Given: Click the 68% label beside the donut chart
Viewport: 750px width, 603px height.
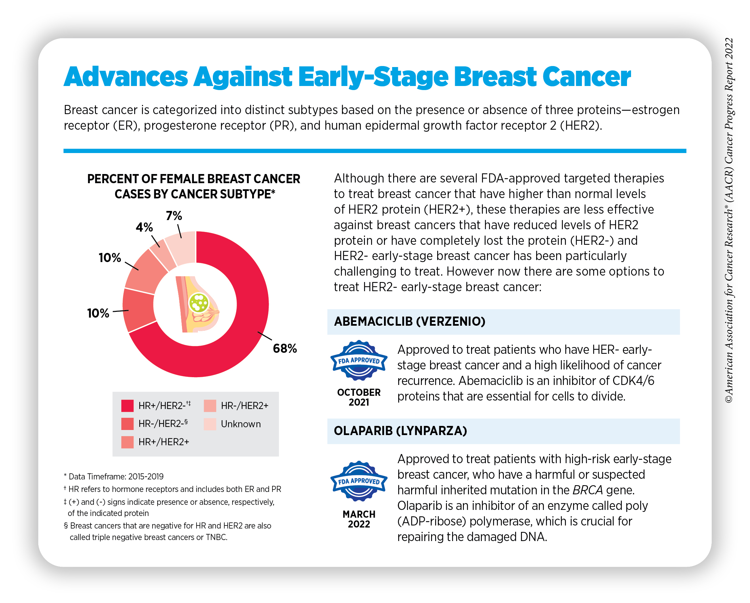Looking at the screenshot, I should pyautogui.click(x=285, y=348).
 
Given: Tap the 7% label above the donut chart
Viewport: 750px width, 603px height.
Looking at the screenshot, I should pyautogui.click(x=174, y=216).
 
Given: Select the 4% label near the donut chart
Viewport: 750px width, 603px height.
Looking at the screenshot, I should pyautogui.click(x=144, y=227).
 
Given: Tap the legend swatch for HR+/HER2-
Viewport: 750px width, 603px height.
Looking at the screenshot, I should pyautogui.click(x=127, y=406).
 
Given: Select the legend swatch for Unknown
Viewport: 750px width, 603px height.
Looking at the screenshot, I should pyautogui.click(x=210, y=424).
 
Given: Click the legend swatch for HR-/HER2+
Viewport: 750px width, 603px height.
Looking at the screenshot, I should pyautogui.click(x=210, y=406).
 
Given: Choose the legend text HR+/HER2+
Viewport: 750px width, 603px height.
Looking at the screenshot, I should pyautogui.click(x=163, y=442).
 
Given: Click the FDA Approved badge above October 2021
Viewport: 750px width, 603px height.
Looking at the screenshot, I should pyautogui.click(x=359, y=360).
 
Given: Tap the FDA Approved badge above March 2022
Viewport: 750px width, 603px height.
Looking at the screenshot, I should pyautogui.click(x=359, y=481).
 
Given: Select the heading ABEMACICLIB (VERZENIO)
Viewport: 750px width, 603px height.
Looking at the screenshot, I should pyautogui.click(x=409, y=322).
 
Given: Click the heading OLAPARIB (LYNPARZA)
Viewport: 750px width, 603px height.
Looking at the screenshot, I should pyautogui.click(x=400, y=431).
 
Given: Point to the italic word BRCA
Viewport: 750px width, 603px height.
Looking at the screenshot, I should pyautogui.click(x=587, y=490).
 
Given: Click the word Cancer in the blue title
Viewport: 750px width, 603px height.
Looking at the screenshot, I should pyautogui.click(x=587, y=77).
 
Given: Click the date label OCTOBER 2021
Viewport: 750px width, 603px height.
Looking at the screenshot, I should pyautogui.click(x=359, y=397).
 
